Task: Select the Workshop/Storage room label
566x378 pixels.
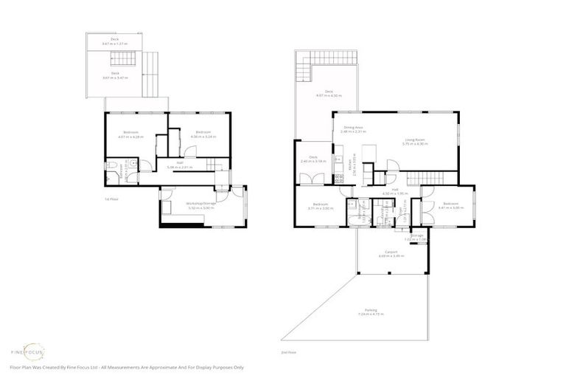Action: click(200, 205)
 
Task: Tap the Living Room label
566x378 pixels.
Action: click(416, 141)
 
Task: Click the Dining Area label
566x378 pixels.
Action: click(354, 130)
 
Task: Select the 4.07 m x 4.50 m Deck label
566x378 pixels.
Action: click(325, 94)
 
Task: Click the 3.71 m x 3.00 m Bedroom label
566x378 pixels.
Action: click(320, 206)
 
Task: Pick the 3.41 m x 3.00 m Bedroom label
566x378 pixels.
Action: click(450, 206)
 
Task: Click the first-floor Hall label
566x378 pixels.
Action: click(179, 165)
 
